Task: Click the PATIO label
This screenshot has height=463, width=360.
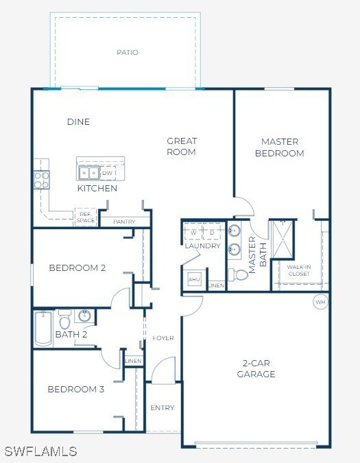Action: tap(127, 52)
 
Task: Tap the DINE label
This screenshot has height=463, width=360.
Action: tap(78, 122)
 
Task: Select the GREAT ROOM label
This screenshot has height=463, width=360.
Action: tap(182, 147)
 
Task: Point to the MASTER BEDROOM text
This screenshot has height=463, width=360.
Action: tap(279, 147)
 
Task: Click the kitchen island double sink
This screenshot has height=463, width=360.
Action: tap(88, 173)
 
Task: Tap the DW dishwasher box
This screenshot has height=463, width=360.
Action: tap(108, 173)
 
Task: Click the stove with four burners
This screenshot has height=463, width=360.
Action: tap(42, 180)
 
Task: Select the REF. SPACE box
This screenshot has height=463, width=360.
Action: tap(85, 217)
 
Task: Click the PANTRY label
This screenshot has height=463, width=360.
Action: tap(124, 222)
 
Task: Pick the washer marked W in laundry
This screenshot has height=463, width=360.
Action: tap(193, 232)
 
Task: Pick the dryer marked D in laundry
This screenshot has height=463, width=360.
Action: tap(213, 232)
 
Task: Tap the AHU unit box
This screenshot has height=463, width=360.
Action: tap(194, 280)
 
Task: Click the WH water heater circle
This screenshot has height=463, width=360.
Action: tap(320, 301)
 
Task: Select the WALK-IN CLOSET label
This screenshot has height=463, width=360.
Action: tap(298, 270)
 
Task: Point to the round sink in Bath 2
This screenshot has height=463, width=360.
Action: tap(84, 316)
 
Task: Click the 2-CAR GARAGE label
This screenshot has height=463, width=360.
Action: tap(256, 368)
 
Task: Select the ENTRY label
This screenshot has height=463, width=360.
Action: tap(163, 408)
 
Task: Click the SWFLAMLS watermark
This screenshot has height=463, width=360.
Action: tap(40, 451)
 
